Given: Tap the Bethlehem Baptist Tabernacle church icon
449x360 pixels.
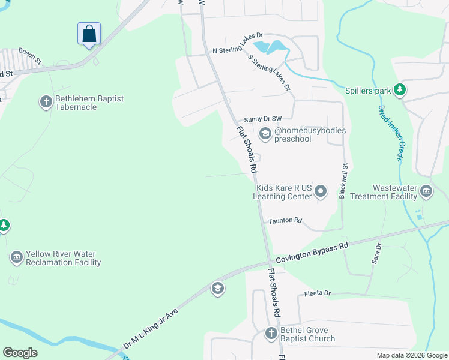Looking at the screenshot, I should (46, 102).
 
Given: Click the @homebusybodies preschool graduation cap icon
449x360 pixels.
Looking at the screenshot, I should (265, 134).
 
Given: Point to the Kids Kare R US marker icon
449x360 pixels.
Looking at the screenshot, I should (321, 192).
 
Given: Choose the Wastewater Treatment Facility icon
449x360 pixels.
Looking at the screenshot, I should (426, 192).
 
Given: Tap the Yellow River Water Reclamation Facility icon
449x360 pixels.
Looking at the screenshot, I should (16, 258).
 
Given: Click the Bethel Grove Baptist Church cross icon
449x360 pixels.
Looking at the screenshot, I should (271, 334).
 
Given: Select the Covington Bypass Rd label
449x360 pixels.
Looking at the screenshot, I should (312, 253).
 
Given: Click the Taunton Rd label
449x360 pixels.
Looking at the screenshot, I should (285, 221).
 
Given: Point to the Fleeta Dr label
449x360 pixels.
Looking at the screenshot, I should (318, 293).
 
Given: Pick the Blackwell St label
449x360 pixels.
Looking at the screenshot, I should (343, 181).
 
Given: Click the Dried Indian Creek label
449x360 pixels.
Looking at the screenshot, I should (390, 133).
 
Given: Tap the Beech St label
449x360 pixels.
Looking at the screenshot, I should (29, 56).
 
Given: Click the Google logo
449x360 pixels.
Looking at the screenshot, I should (20, 353).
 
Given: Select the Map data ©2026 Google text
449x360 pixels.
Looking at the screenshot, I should (411, 355).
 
